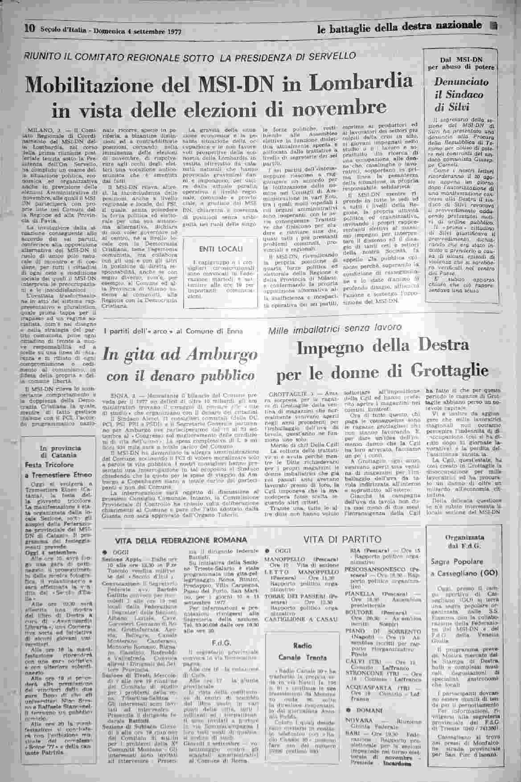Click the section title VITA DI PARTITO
coord(342,539)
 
